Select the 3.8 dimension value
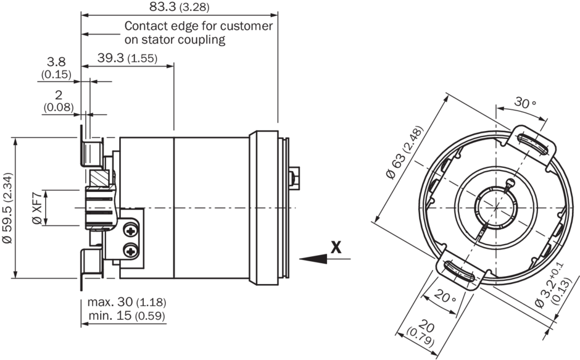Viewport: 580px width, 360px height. (x=56, y=62)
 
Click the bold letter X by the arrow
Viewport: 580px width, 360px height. (x=336, y=247)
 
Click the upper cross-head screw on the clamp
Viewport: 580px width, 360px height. (x=131, y=230)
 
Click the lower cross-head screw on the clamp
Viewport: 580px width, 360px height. (x=131, y=250)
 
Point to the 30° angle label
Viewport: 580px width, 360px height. (x=526, y=103)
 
